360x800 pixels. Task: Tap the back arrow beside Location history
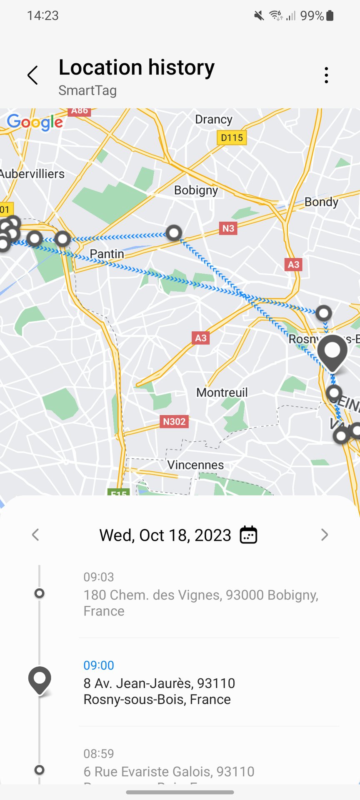tap(32, 75)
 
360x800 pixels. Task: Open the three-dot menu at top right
tap(326, 75)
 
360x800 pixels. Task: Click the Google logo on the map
tap(35, 122)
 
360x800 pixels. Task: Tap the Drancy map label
tap(214, 120)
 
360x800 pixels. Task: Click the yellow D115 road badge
tap(232, 137)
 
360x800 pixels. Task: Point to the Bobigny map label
tap(196, 190)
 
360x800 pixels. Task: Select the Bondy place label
tap(321, 202)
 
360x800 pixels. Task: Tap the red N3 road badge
tap(228, 228)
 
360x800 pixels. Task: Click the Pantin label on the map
tap(107, 254)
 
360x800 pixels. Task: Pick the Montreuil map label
tap(222, 392)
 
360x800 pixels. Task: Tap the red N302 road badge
tap(174, 422)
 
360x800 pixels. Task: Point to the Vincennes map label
tap(195, 465)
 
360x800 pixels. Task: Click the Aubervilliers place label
tap(32, 174)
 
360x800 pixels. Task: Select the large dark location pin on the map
tap(332, 352)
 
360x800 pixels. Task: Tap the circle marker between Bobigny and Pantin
tap(174, 232)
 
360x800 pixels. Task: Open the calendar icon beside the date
tap(248, 535)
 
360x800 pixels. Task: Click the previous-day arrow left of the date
tap(35, 535)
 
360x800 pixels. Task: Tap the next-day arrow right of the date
tap(325, 535)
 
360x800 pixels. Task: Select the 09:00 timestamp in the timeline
tap(99, 665)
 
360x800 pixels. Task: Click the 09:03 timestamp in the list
tap(99, 577)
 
